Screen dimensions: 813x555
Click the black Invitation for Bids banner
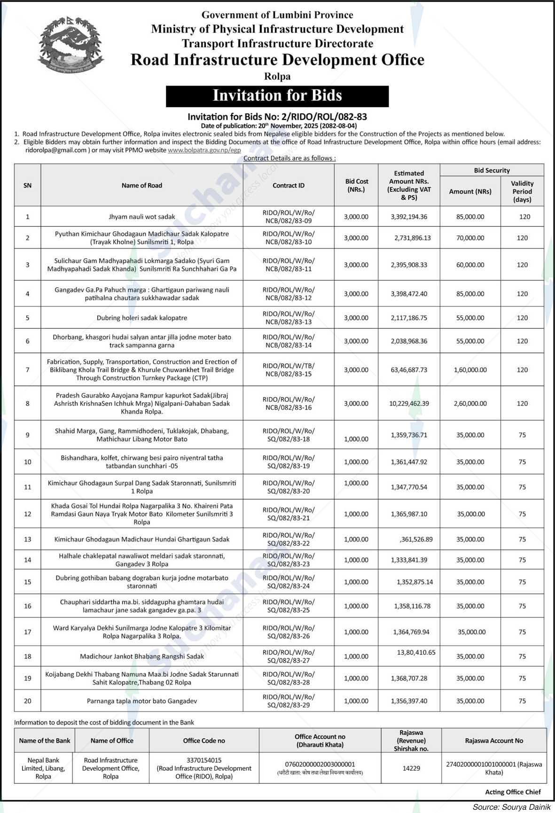tap(277, 96)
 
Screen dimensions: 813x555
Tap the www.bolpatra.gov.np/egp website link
tap(204, 150)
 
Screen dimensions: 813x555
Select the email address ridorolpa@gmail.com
tap(56, 150)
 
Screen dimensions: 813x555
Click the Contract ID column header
tap(289, 186)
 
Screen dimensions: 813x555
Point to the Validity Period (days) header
tap(522, 191)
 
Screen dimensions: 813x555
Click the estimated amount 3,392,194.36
tap(409, 217)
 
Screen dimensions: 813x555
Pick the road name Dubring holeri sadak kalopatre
tap(142, 318)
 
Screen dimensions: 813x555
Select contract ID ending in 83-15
tap(289, 370)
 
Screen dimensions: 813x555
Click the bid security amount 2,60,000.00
tap(470, 403)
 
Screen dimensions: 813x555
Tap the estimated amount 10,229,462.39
tap(409, 403)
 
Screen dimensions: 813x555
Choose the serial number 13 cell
tap(28, 539)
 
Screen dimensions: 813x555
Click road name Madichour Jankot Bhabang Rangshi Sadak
tap(142, 656)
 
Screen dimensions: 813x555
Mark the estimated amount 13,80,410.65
tap(416, 652)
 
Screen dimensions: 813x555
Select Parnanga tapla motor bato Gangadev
tap(142, 701)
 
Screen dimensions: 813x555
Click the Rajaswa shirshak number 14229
tap(411, 768)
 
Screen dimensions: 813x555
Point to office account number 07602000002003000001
tap(320, 765)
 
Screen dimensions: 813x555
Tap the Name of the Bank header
tap(44, 741)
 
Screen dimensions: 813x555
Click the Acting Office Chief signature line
tap(513, 792)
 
